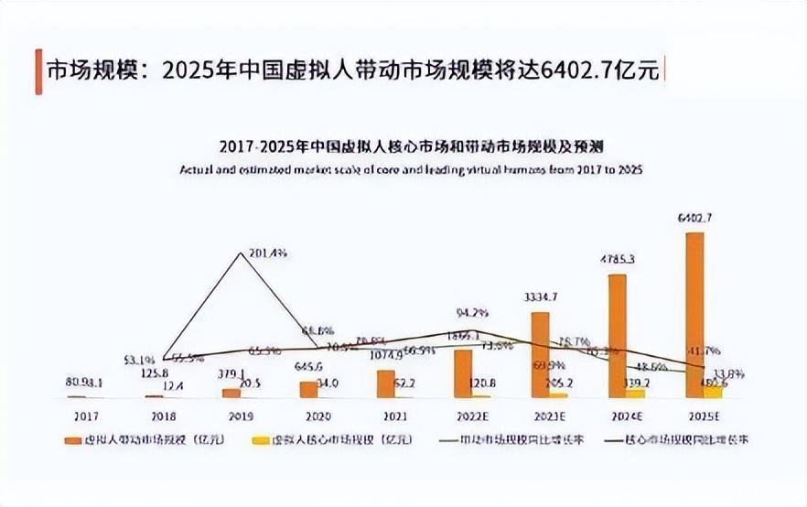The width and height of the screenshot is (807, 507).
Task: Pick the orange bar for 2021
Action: point(385,383)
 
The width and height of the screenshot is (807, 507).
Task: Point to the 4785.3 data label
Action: point(618,260)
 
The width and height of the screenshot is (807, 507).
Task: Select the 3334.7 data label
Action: point(540,297)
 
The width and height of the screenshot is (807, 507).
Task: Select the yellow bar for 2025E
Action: point(713,391)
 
